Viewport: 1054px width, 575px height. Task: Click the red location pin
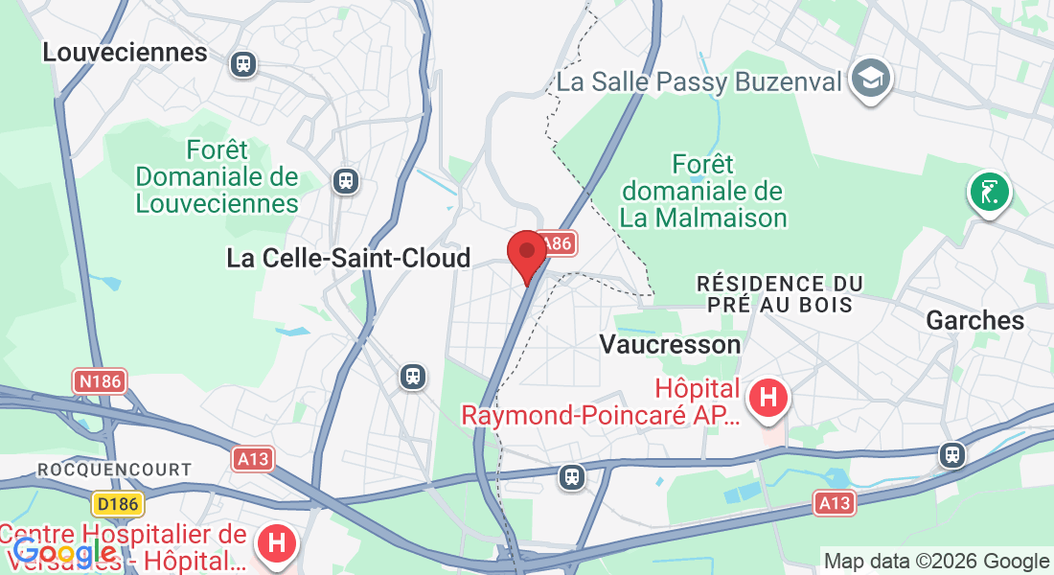[x=526, y=254]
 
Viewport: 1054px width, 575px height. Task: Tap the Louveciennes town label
[x=125, y=53]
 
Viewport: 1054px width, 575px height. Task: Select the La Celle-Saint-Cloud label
[x=349, y=258]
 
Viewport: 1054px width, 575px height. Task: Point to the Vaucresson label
[x=670, y=344]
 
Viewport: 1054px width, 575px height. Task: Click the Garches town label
[x=975, y=321]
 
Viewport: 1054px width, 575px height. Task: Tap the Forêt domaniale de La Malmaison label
[x=703, y=191]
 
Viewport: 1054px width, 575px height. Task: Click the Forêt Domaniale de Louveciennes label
[x=217, y=176]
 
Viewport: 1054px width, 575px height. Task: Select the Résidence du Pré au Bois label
[x=779, y=294]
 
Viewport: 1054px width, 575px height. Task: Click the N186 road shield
[x=100, y=381]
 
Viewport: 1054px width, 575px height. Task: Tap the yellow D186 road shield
[x=118, y=502]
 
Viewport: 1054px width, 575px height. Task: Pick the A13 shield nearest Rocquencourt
[x=253, y=459]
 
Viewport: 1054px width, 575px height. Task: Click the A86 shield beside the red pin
[x=556, y=244]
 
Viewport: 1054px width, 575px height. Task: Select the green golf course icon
[x=990, y=192]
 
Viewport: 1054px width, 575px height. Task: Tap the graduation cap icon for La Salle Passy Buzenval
[x=872, y=78]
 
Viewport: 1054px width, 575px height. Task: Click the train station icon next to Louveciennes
[x=243, y=64]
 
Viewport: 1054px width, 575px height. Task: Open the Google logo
[x=64, y=552]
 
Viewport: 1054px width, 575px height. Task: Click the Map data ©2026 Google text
[x=937, y=561]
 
